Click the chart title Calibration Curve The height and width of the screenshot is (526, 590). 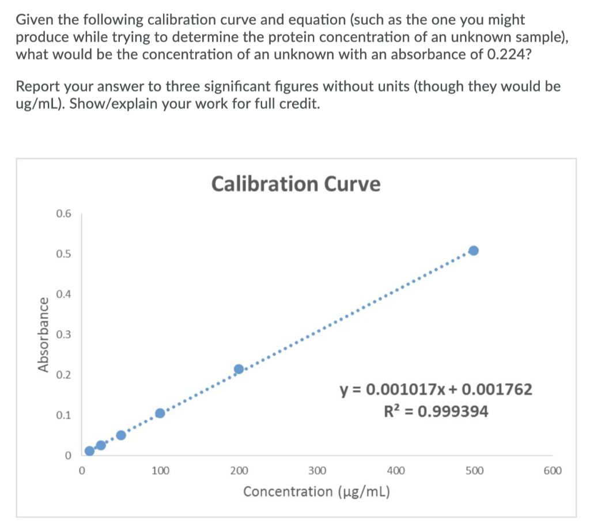[296, 184]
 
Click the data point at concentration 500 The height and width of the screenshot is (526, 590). [474, 250]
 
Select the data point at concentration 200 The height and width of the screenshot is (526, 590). [239, 369]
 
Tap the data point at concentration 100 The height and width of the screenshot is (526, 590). [160, 413]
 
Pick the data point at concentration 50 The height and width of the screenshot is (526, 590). [121, 435]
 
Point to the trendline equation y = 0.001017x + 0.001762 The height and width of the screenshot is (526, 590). [436, 390]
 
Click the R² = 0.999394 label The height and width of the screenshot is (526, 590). [436, 412]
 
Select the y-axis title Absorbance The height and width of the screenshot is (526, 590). [43, 335]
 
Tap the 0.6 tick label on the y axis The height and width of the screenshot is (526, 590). [64, 214]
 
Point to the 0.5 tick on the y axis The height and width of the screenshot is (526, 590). [64, 254]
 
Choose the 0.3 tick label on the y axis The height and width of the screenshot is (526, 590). [64, 335]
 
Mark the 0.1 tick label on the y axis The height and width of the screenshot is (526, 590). [64, 415]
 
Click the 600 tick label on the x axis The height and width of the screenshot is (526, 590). [552, 471]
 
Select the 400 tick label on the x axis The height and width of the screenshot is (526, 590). [396, 471]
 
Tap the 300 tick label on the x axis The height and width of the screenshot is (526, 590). [317, 471]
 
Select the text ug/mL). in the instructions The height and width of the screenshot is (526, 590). [40, 105]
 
